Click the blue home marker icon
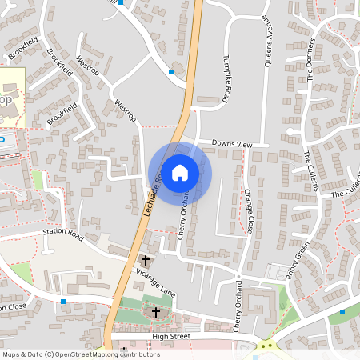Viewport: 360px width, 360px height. tap(180, 172)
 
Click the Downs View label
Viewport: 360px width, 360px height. tap(231, 144)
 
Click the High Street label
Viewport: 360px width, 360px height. tap(171, 337)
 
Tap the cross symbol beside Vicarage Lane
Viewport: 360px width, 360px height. tap(145, 260)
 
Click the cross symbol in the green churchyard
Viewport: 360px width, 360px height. tap(155, 311)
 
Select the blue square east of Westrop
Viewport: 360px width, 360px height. tap(171, 72)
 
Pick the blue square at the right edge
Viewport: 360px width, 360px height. tap(342, 312)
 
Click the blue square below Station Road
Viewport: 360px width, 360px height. tap(62, 302)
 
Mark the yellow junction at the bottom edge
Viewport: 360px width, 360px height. tap(266, 346)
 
